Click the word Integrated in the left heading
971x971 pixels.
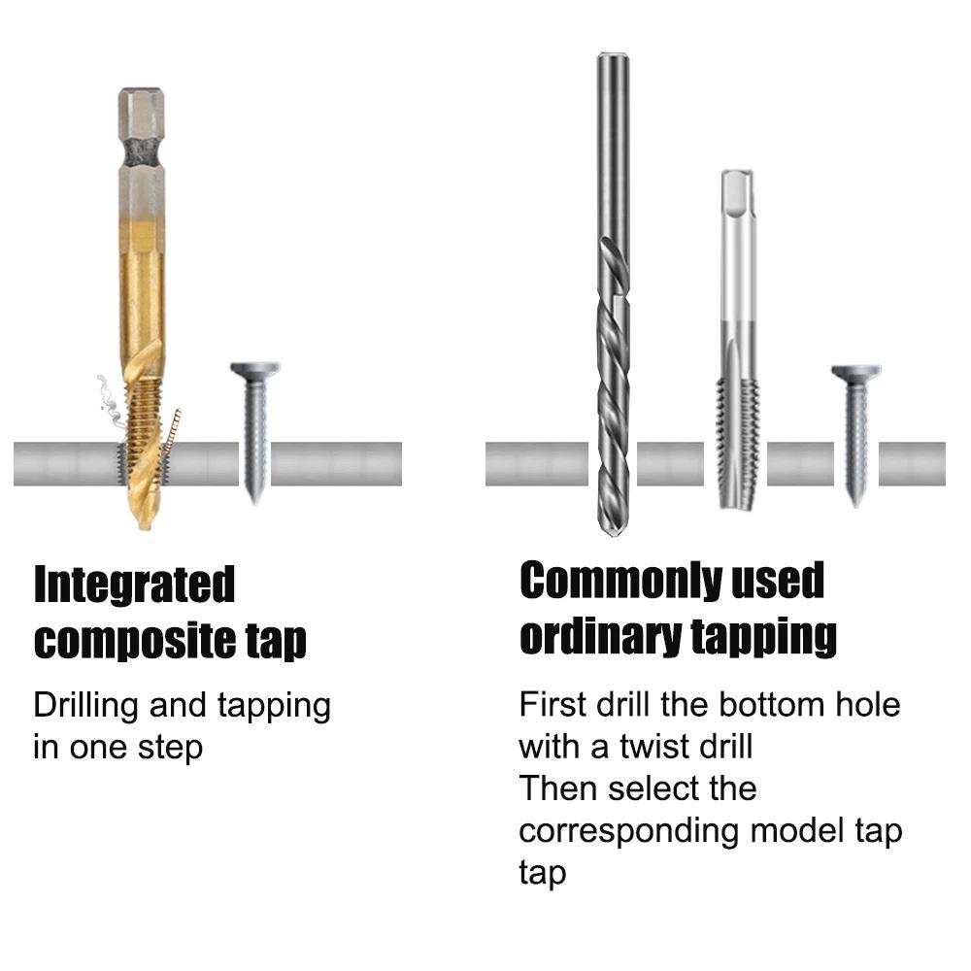134,586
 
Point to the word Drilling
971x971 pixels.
86,706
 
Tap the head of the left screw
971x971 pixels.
254,370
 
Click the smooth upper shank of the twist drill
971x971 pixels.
612,146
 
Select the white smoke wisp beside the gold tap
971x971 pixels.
105,398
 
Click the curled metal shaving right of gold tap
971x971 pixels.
172,432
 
